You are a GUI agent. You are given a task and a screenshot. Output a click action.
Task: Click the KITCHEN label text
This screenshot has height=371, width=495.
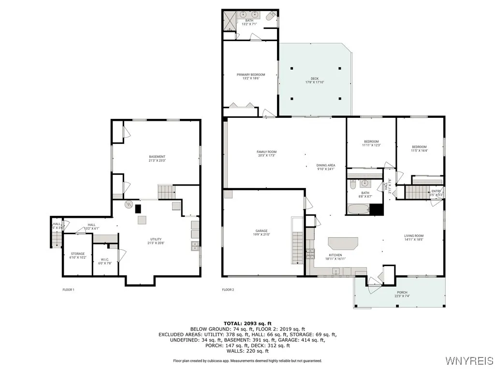(335, 255)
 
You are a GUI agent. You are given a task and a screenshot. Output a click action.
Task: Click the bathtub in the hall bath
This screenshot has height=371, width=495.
(358, 210)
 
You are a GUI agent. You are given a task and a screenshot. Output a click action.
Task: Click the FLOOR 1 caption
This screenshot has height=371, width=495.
(69, 290)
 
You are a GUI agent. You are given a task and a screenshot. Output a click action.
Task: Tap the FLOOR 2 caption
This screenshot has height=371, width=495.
(228, 290)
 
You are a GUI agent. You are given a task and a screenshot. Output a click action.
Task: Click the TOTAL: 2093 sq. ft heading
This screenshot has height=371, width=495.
(247, 323)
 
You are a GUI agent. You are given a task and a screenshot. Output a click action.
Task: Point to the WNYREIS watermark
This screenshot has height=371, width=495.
(469, 361)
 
